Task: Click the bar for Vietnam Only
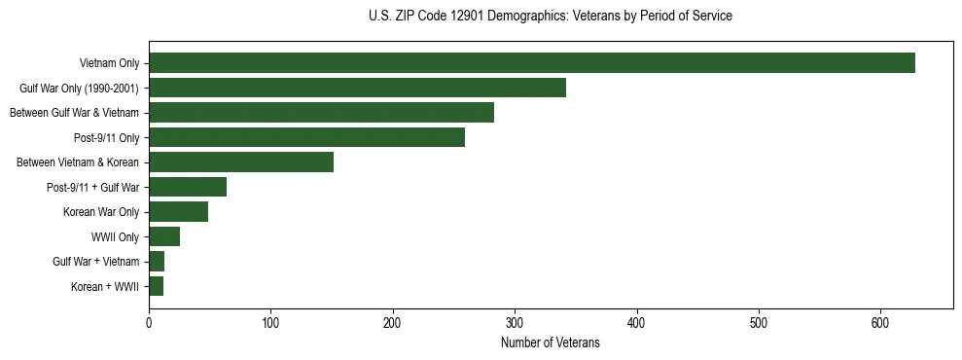[x=532, y=63]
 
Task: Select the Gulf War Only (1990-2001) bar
[x=357, y=88]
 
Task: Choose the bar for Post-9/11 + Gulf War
[x=188, y=187]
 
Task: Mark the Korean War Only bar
[x=178, y=211]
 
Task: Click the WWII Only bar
[x=164, y=236]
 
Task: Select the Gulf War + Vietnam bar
[x=157, y=261]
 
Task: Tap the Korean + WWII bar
[x=156, y=286]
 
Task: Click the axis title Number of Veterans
[x=551, y=343]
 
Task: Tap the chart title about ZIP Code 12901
[x=551, y=17]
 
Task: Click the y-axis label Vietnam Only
[x=109, y=63]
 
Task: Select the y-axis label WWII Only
[x=115, y=236]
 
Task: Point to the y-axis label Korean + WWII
[x=105, y=286]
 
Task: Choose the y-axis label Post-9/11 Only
[x=106, y=137]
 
